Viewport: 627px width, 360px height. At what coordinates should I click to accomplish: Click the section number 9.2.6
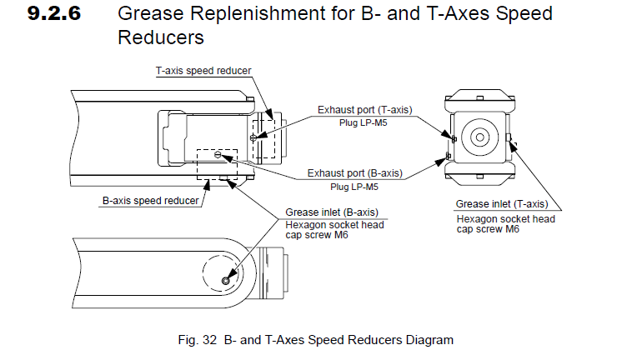pyautogui.click(x=54, y=13)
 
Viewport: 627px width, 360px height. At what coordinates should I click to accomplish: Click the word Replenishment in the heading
pyautogui.click(x=258, y=14)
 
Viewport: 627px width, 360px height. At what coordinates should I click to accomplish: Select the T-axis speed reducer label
pyautogui.click(x=203, y=71)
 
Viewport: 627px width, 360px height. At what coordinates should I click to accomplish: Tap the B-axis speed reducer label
pyautogui.click(x=150, y=201)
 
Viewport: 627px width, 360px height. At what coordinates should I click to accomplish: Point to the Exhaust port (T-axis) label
pyautogui.click(x=364, y=110)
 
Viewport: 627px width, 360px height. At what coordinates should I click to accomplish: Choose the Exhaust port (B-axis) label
pyautogui.click(x=354, y=173)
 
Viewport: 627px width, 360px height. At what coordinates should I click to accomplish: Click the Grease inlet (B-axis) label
pyautogui.click(x=332, y=212)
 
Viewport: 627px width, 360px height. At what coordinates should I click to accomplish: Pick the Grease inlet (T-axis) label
pyautogui.click(x=502, y=204)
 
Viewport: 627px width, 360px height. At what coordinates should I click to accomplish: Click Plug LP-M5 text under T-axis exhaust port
pyautogui.click(x=363, y=123)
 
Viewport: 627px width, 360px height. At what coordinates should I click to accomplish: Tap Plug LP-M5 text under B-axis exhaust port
pyautogui.click(x=354, y=187)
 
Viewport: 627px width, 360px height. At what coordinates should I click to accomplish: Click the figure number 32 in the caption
pyautogui.click(x=209, y=340)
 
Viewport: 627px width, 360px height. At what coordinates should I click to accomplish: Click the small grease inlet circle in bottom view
pyautogui.click(x=225, y=282)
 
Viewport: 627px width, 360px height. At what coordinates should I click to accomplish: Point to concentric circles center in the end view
pyautogui.click(x=480, y=137)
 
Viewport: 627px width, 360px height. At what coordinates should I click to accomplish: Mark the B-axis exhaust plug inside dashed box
pyautogui.click(x=218, y=154)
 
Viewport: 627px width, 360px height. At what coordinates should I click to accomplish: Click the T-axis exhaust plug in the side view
pyautogui.click(x=253, y=137)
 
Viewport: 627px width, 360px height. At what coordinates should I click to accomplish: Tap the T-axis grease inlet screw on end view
pyautogui.click(x=509, y=137)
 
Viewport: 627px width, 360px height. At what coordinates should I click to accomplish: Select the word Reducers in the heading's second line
pyautogui.click(x=161, y=37)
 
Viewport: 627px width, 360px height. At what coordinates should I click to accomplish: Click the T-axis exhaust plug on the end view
pyautogui.click(x=454, y=139)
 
